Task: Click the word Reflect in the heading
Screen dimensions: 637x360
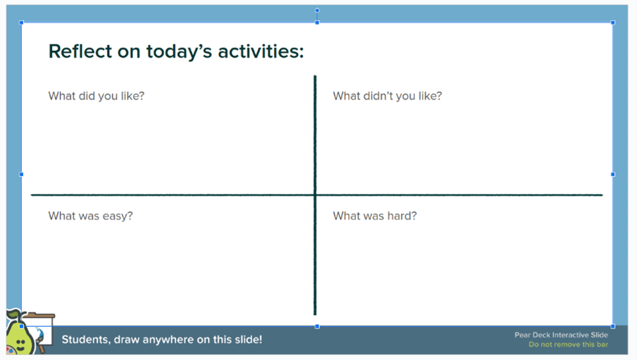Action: point(80,52)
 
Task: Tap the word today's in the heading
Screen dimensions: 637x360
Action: point(179,52)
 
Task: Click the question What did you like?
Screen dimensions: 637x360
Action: point(97,96)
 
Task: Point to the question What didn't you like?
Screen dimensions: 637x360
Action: point(388,96)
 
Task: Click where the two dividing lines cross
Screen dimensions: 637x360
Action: point(315,195)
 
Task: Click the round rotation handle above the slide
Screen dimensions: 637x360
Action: point(318,10)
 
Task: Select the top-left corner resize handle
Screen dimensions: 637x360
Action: point(22,22)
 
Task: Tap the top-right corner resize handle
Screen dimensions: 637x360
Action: point(613,22)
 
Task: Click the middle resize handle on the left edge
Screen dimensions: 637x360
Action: point(22,174)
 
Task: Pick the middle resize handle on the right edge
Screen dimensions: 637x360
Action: point(613,174)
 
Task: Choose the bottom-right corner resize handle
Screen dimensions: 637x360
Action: point(613,326)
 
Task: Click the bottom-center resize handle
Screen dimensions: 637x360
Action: point(318,326)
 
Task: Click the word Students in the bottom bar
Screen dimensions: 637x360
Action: point(85,339)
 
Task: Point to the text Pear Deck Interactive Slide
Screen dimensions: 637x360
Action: point(561,335)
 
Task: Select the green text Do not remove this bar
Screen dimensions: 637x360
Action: point(568,345)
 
